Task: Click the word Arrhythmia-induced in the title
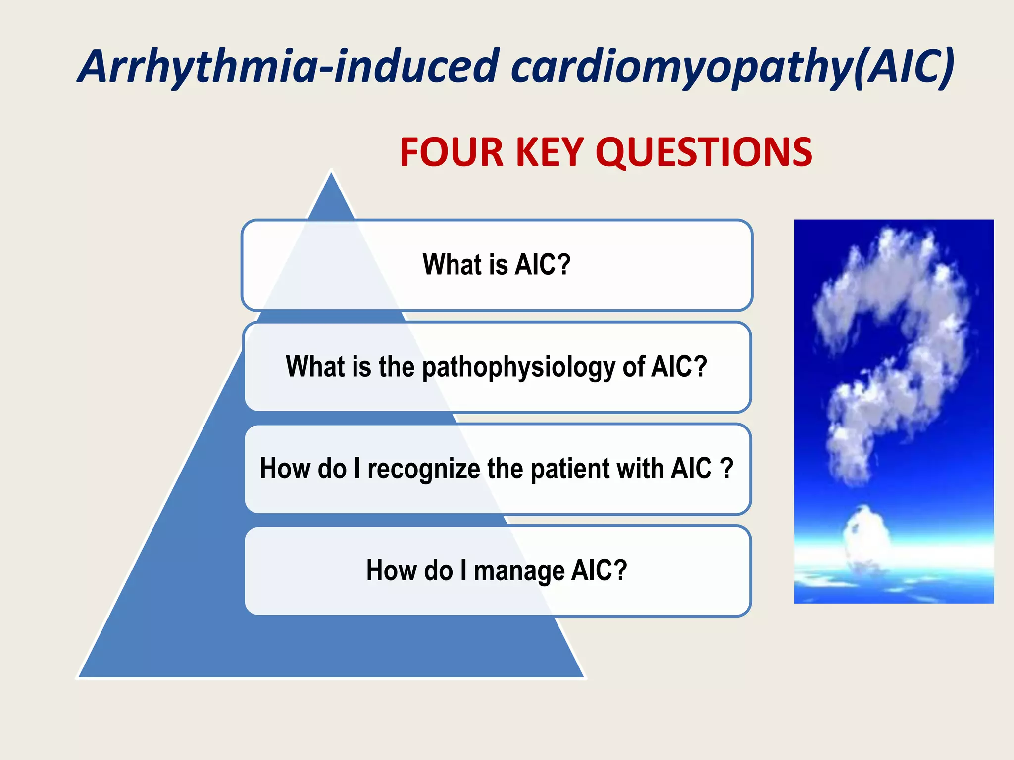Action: point(290,67)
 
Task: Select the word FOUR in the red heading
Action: point(452,152)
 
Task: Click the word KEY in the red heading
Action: point(550,152)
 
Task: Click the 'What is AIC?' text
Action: point(497,264)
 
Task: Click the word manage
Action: point(518,571)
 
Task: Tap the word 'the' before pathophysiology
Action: point(396,367)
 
